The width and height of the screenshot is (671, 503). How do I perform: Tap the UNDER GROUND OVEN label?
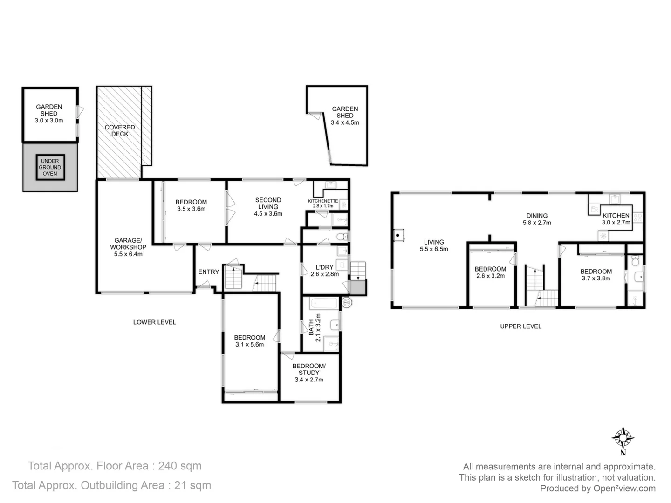(x=50, y=167)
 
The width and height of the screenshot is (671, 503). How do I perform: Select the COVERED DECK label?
(x=120, y=130)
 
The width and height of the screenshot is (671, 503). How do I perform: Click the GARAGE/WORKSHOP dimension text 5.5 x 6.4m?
(x=128, y=254)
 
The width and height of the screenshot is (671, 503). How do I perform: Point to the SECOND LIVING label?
(x=268, y=203)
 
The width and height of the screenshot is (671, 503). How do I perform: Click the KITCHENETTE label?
(x=322, y=201)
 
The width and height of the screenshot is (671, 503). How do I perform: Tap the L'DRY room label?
(x=324, y=267)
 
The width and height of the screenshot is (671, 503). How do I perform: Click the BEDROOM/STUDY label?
(x=309, y=369)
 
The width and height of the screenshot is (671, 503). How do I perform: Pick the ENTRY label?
(x=208, y=272)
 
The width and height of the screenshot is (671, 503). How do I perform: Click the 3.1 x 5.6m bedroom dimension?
(x=249, y=345)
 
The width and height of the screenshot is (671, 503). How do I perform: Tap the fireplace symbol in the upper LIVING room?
(x=398, y=235)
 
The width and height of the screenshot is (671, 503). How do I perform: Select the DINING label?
(x=537, y=216)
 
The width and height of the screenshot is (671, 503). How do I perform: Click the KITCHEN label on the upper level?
(x=616, y=216)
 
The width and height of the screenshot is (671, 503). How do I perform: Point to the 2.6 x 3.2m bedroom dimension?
(x=490, y=276)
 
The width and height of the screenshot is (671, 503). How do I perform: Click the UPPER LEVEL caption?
(x=520, y=326)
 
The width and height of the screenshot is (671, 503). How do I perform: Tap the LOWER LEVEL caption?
(x=154, y=322)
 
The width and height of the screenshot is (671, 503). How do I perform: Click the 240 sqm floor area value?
(x=180, y=466)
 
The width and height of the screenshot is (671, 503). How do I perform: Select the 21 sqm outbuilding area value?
(x=192, y=485)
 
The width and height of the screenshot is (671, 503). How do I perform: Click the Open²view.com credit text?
(x=624, y=489)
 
